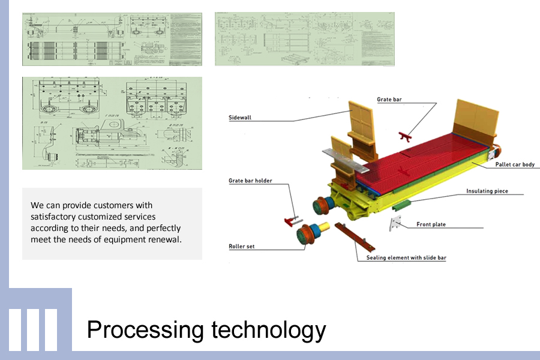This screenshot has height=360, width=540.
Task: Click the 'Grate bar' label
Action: tap(389, 99)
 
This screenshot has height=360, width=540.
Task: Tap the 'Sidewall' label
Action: tap(240, 118)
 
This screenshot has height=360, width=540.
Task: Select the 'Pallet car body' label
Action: tap(514, 164)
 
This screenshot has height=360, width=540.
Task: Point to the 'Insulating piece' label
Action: tap(487, 191)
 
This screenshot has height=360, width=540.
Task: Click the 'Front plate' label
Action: tap(431, 224)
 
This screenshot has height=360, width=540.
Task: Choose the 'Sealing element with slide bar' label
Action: tap(406, 258)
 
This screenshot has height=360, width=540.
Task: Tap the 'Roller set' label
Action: tap(242, 246)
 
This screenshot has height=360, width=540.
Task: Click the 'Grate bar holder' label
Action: tap(250, 181)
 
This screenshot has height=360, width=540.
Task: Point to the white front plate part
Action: tap(395, 226)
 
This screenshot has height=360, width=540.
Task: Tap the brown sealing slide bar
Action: tap(355, 237)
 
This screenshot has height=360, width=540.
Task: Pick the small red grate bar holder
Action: tap(292, 221)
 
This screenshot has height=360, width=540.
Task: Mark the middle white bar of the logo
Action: tap(33, 329)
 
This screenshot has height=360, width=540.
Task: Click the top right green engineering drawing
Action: tap(305, 38)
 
